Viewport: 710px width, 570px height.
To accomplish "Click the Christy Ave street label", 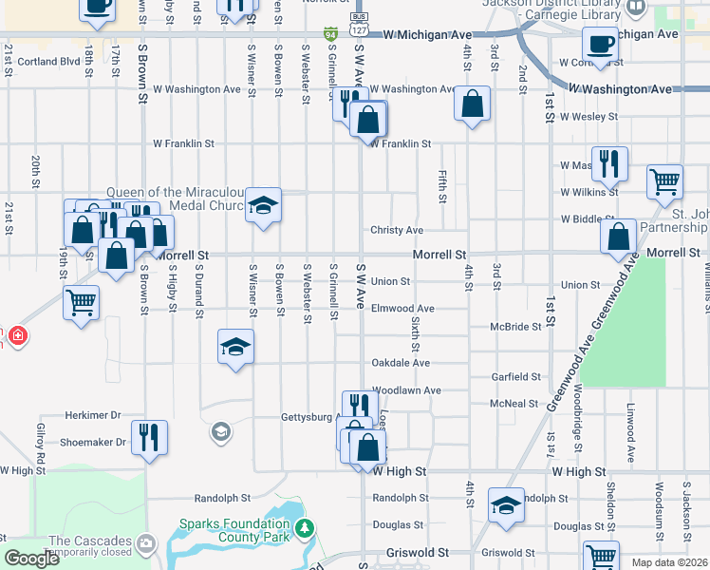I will click(397, 231).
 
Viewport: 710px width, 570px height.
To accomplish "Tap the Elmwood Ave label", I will click(402, 309).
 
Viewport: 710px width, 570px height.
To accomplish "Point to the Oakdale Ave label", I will click(401, 363).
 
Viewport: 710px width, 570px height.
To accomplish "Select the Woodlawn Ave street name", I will click(406, 390).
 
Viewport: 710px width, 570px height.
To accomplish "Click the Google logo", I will click(32, 559).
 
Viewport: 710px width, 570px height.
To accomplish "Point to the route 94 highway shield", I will click(330, 34).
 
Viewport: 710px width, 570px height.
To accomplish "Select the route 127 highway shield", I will click(359, 31).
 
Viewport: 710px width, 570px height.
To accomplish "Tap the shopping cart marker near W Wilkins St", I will click(664, 180).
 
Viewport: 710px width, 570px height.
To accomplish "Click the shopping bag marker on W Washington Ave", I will click(472, 103).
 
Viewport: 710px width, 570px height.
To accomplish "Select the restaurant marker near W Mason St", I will click(608, 163).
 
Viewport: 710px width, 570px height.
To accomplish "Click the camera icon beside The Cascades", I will click(146, 543).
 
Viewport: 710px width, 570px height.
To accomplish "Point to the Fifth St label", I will click(442, 186).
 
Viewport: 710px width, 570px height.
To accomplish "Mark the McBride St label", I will click(515, 327).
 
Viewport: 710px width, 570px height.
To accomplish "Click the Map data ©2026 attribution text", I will click(669, 562).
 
